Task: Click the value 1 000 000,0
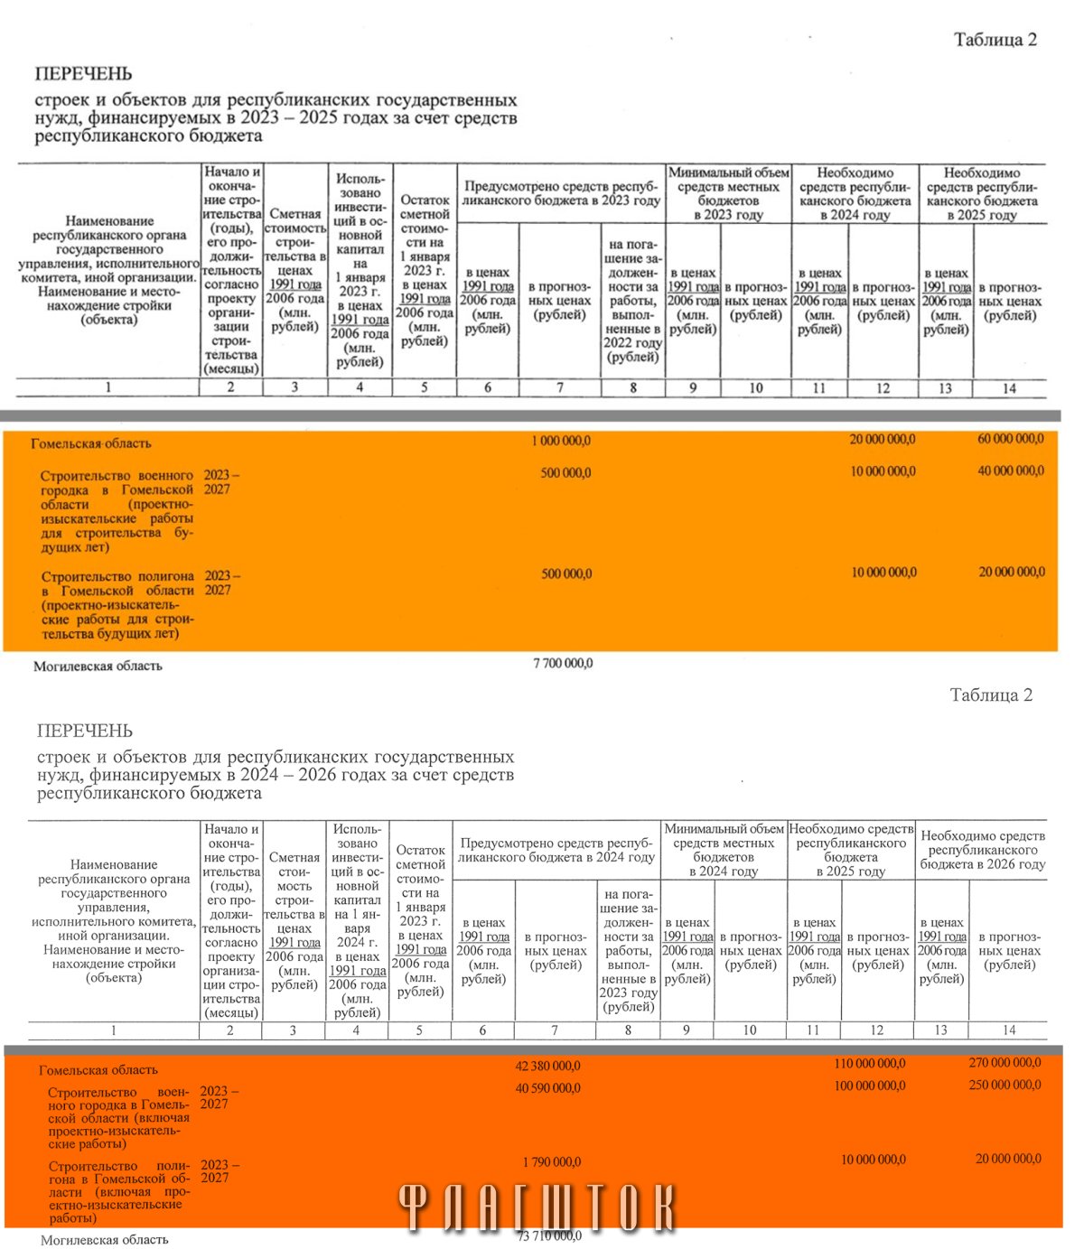(561, 441)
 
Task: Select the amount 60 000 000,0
(1010, 439)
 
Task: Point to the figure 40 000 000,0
(1010, 471)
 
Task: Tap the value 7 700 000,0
(563, 663)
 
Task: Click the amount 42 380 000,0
(547, 1066)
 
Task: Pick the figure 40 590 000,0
(547, 1088)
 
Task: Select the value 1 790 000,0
(551, 1161)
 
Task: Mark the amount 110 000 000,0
(869, 1064)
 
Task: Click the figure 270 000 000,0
(1005, 1062)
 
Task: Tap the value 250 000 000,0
(1005, 1085)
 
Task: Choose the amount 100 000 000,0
(869, 1086)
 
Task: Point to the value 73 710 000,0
(549, 1235)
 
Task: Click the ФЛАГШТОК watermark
(537, 1207)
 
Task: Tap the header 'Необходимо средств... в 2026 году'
(982, 850)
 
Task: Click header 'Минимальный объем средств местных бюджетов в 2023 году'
(728, 193)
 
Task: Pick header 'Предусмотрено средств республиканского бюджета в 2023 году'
(561, 193)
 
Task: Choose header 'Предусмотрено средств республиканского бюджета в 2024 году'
(556, 850)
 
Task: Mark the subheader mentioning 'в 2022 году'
(632, 301)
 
